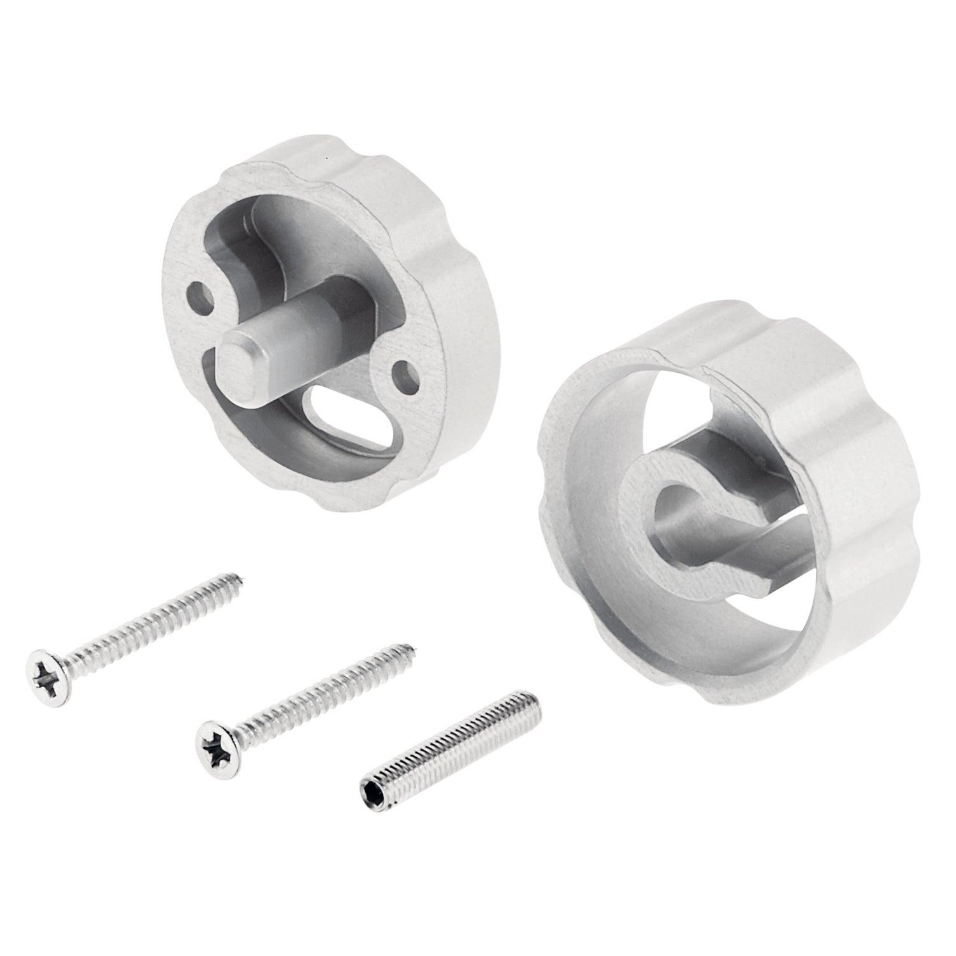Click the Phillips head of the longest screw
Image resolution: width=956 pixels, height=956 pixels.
click(x=48, y=669)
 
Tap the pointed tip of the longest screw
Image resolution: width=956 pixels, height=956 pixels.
click(x=243, y=578)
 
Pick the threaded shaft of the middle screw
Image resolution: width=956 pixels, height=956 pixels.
click(x=319, y=695)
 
